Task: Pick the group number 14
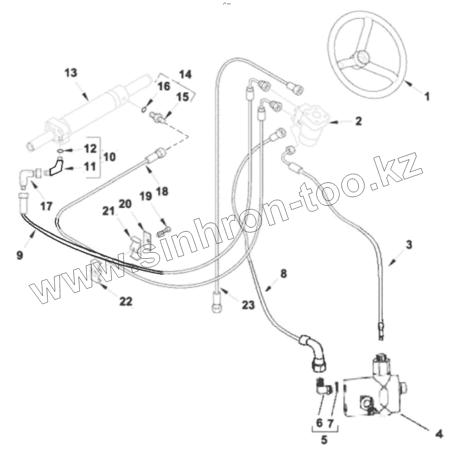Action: (185, 75)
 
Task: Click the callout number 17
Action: (46, 206)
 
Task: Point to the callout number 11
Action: (91, 166)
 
